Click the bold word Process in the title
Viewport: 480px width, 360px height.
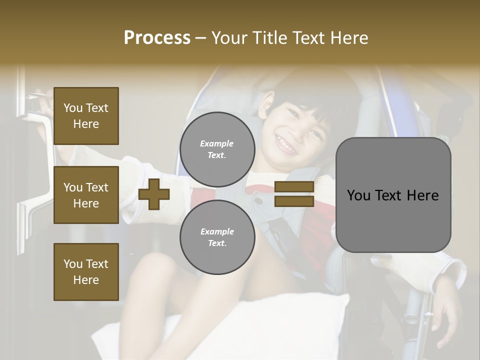[x=157, y=38]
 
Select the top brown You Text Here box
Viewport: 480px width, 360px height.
[x=86, y=116]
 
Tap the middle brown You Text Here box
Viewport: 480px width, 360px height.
[x=86, y=195]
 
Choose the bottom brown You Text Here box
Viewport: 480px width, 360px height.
[x=86, y=272]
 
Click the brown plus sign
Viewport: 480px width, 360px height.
[x=154, y=194]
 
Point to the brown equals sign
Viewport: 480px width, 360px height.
[x=294, y=194]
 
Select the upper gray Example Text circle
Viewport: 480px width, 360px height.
[x=217, y=149]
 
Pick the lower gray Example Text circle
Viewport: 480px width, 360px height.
[x=217, y=237]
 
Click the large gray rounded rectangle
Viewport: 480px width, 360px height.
[x=393, y=195]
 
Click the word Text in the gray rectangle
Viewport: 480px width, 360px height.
[x=398, y=195]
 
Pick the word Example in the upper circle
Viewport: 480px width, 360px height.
[x=217, y=143]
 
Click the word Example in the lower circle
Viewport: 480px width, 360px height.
[x=217, y=231]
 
